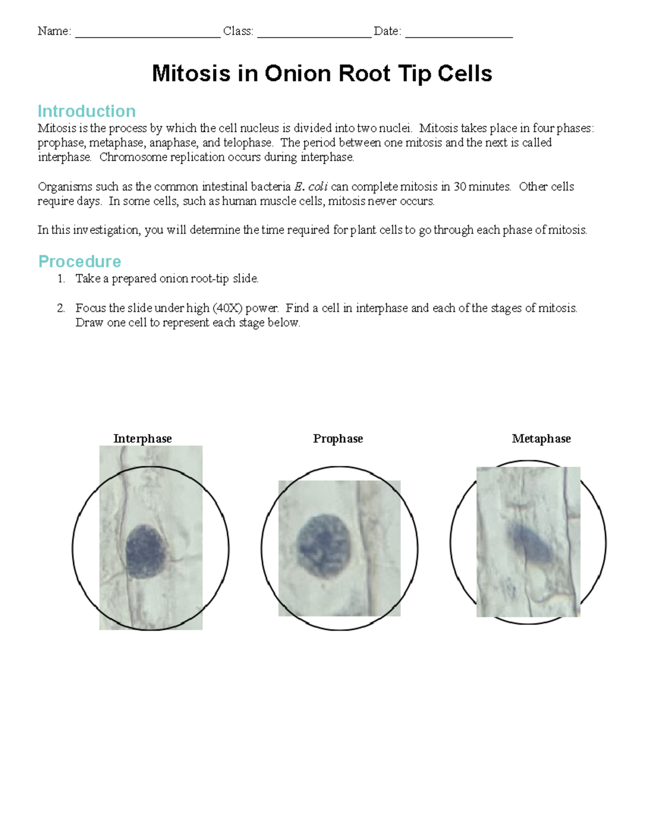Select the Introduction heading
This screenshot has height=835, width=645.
tap(87, 111)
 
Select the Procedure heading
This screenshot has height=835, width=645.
tap(80, 262)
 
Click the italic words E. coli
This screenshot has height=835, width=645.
tap(311, 187)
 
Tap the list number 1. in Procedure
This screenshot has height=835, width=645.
tap(61, 279)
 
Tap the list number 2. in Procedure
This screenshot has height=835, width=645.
tap(61, 309)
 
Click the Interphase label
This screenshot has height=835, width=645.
tap(142, 439)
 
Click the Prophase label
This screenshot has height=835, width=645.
tap(338, 439)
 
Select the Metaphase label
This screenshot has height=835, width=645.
tap(541, 439)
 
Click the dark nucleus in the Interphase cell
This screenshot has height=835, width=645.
tap(145, 551)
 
